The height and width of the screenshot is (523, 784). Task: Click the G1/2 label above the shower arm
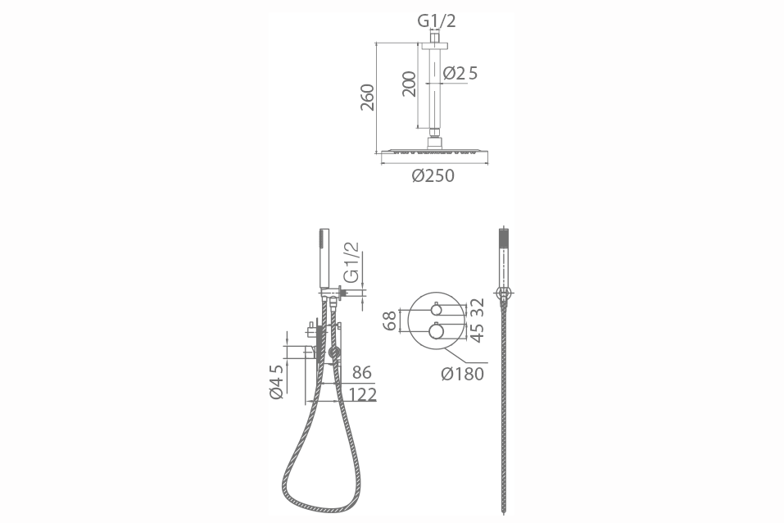(437, 21)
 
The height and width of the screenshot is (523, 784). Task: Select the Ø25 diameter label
(460, 74)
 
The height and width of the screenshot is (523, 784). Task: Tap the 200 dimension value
(409, 84)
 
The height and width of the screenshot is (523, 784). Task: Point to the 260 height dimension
(368, 98)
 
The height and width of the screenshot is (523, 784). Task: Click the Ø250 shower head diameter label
(433, 175)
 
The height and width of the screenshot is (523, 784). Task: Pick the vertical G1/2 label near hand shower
(352, 262)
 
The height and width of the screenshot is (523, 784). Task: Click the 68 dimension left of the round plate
(390, 321)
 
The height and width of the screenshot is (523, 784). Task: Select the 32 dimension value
(478, 307)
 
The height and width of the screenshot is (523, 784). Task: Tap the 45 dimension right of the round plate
(478, 332)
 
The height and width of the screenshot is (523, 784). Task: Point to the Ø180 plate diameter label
(463, 374)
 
